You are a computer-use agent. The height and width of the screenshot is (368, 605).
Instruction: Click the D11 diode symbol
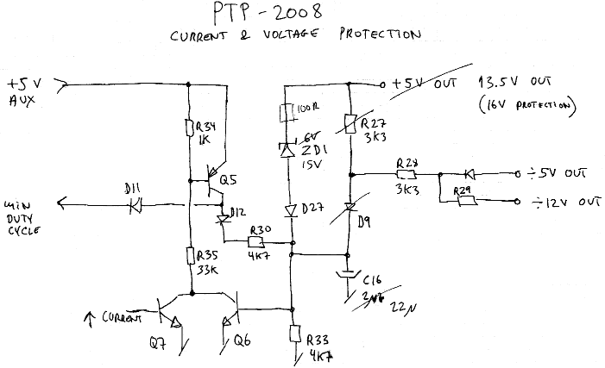(x=134, y=206)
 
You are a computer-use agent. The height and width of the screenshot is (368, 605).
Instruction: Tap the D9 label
(x=363, y=222)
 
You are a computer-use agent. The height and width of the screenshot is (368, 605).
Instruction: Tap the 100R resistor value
(x=308, y=110)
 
